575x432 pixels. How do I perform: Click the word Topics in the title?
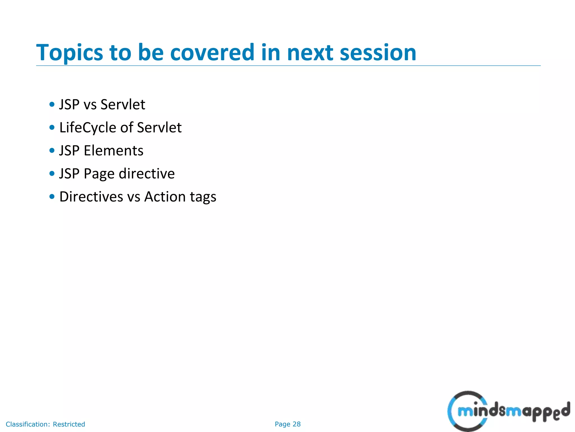click(70, 53)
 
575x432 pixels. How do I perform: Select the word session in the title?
click(378, 53)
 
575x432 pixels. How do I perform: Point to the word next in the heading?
click(310, 53)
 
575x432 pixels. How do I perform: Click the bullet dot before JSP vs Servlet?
click(52, 105)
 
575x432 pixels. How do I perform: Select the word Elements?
click(113, 150)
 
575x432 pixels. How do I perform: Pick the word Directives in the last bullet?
click(91, 197)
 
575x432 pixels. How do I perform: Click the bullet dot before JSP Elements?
click(52, 150)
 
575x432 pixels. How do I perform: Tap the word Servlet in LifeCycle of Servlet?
click(159, 128)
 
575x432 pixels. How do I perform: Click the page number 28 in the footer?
click(296, 424)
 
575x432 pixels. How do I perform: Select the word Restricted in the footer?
click(69, 424)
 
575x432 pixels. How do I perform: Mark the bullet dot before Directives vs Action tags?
click(52, 197)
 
